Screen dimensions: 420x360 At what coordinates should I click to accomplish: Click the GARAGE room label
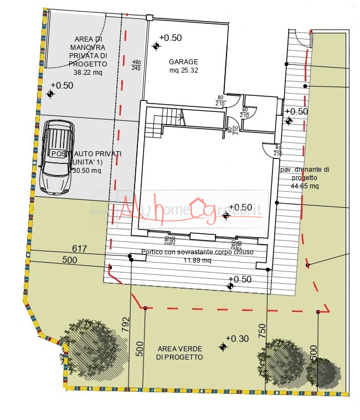[183, 62]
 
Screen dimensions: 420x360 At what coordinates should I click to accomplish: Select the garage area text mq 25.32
[183, 70]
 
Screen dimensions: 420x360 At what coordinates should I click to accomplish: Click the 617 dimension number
[80, 249]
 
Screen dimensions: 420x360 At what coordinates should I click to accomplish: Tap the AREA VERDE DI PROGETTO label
[179, 353]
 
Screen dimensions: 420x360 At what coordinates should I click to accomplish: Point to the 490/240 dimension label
[136, 65]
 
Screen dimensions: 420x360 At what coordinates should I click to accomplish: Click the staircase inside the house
[163, 124]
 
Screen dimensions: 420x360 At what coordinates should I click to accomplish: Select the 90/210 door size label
[278, 150]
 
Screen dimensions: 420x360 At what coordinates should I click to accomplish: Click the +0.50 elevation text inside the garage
[170, 38]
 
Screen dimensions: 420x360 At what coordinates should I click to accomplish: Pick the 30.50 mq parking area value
[86, 171]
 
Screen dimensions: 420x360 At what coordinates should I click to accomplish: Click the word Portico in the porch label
[153, 252]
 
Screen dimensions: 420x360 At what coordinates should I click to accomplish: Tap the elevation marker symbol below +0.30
[223, 347]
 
